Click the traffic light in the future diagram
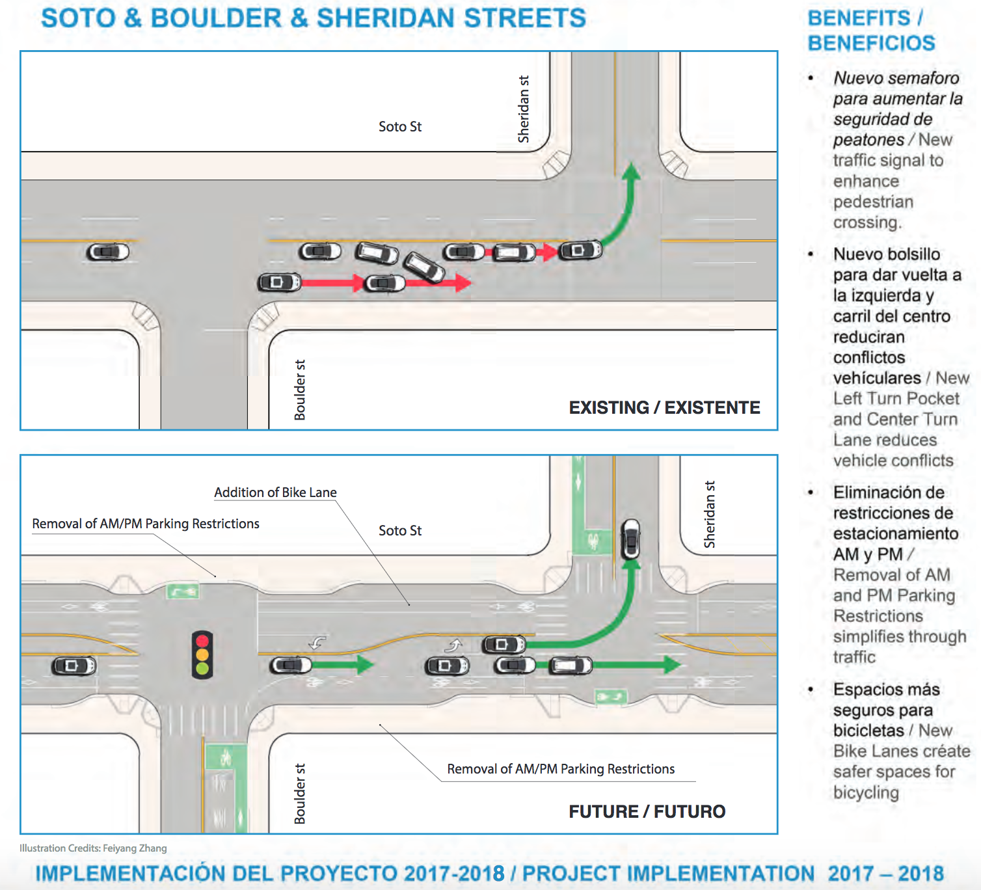coord(202,654)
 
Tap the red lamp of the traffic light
coord(202,641)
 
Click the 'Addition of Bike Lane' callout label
coord(275,492)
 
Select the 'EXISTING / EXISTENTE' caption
coord(664,407)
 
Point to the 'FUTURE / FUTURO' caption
coord(647,812)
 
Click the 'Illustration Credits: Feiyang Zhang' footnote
coord(93,848)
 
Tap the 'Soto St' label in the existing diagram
coord(400,127)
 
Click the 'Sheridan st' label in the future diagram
coord(710,514)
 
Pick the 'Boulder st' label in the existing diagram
coord(300,390)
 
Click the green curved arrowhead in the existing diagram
coord(632,172)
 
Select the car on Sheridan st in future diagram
coord(631,539)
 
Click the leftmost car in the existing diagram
coord(107,252)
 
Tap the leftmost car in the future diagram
coord(74,666)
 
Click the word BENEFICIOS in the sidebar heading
coord(872,43)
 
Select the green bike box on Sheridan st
coord(592,542)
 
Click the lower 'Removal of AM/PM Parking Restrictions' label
coord(561,769)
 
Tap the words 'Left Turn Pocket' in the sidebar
coord(896,399)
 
